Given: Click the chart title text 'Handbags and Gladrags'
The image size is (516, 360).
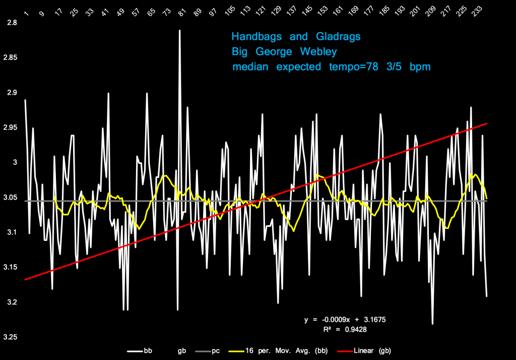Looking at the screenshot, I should tap(296, 37).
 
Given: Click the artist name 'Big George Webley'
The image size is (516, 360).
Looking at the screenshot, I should tap(284, 51).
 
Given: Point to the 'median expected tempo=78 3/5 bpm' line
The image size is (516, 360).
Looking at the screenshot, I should tap(331, 67).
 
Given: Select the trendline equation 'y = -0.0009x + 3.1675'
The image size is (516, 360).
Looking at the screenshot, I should tap(345, 320).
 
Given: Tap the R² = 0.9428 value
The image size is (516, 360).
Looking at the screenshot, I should tap(345, 329).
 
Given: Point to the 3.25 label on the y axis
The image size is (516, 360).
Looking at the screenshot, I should tap(10, 337).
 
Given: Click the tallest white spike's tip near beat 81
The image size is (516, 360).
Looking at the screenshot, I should tap(179, 30).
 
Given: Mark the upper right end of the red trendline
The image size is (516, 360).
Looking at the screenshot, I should tap(486, 123).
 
